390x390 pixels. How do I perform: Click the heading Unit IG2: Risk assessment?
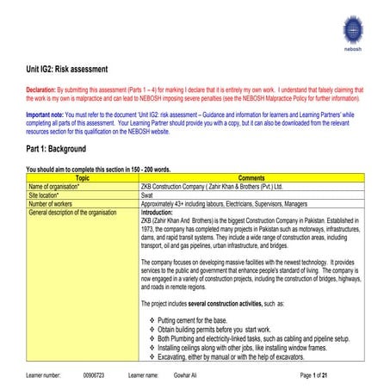click(x=67, y=68)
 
